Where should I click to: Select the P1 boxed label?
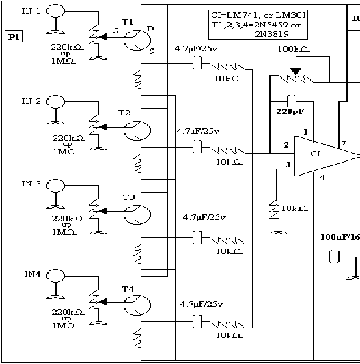[14, 36]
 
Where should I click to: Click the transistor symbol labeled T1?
[137, 39]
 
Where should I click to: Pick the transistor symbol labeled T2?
[137, 130]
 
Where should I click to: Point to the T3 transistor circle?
[137, 214]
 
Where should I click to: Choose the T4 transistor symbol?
[137, 305]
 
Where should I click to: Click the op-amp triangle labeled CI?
[321, 156]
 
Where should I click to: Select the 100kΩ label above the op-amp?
[294, 50]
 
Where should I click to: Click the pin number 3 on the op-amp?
[288, 165]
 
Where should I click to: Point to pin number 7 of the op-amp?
[344, 142]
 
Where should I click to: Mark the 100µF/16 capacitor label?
[340, 237]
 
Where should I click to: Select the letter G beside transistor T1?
[116, 31]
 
